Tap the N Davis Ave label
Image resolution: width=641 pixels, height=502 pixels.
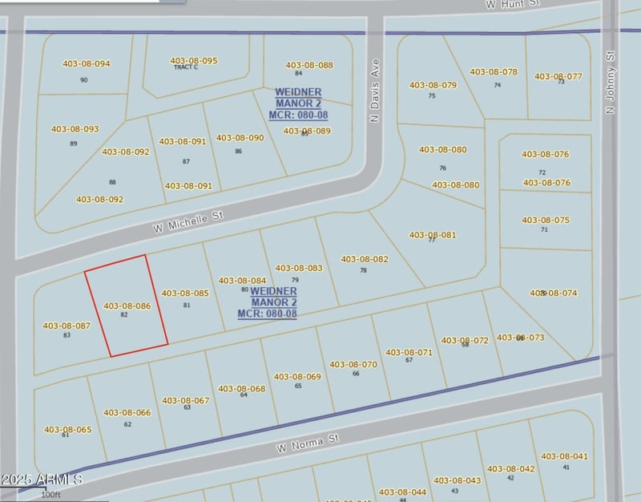tap(373, 90)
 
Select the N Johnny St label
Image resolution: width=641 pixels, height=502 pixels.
tap(610, 82)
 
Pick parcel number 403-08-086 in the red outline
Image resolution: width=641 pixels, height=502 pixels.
tap(127, 306)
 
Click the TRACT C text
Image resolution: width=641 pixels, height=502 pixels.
tap(185, 68)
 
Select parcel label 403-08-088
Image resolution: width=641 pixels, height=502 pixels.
tap(308, 65)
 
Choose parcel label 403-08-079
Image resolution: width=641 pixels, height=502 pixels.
tap(433, 85)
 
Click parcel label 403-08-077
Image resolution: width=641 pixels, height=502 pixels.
tap(558, 76)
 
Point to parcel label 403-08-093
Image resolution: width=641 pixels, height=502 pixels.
tap(75, 129)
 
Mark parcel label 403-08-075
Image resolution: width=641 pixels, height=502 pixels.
tap(546, 220)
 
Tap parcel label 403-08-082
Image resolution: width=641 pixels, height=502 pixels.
tap(364, 259)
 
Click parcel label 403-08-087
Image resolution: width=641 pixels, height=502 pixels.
tap(67, 326)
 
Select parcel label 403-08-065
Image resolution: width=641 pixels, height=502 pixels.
tap(67, 429)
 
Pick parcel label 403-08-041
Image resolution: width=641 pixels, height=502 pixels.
tap(564, 456)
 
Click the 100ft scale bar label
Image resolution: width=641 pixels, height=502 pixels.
tap(50, 495)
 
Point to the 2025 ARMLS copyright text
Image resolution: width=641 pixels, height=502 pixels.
tap(41, 480)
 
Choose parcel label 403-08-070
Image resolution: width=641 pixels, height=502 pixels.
tap(353, 364)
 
